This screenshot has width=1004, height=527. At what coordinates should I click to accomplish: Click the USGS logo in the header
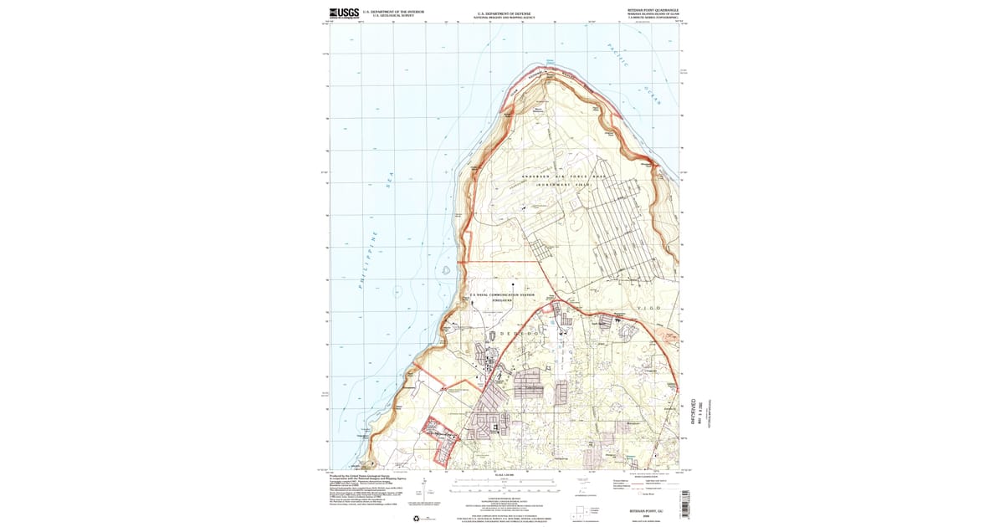coord(343,13)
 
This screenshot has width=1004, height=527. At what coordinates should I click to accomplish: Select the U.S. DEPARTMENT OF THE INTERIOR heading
coord(392,12)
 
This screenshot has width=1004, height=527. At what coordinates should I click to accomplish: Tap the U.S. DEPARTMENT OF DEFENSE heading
coord(504,13)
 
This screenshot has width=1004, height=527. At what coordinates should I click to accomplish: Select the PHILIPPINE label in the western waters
coord(368,259)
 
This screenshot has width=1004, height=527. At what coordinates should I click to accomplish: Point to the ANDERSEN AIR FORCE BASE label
coord(562,177)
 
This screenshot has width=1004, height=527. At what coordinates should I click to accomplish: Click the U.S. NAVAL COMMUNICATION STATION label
coord(502,294)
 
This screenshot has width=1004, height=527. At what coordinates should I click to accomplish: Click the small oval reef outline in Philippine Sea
coord(447,270)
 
